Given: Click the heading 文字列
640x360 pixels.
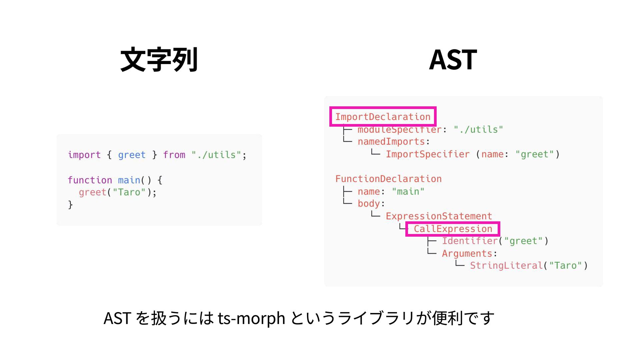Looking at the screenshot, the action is pyautogui.click(x=159, y=60).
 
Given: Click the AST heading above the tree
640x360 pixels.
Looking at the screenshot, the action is pyautogui.click(x=453, y=60).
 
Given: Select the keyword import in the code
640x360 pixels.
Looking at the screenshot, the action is pyautogui.click(x=84, y=155).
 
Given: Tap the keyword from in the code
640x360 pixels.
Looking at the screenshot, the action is pyautogui.click(x=174, y=155).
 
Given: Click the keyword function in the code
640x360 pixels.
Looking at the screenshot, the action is pyautogui.click(x=90, y=180).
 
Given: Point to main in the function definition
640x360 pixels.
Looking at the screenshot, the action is pyautogui.click(x=129, y=180).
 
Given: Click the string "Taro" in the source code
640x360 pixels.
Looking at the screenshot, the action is pyautogui.click(x=129, y=192).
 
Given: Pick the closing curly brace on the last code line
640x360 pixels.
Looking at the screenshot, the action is pyautogui.click(x=70, y=204).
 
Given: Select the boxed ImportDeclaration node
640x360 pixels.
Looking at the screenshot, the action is pyautogui.click(x=383, y=117).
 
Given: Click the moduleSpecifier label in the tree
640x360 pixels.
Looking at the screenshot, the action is pyautogui.click(x=399, y=129).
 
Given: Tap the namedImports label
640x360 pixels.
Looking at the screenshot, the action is pyautogui.click(x=391, y=142).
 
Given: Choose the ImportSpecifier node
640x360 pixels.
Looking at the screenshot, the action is pyautogui.click(x=428, y=154).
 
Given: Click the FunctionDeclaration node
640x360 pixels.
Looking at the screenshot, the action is pyautogui.click(x=388, y=179).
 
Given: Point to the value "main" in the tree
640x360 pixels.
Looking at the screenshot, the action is pyautogui.click(x=408, y=192).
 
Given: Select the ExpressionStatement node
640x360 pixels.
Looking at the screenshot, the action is pyautogui.click(x=439, y=216).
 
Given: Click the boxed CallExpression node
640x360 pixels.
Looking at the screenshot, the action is pyautogui.click(x=453, y=229).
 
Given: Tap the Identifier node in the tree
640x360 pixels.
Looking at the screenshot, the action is pyautogui.click(x=470, y=241).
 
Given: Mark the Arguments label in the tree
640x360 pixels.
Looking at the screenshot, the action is pyautogui.click(x=467, y=254).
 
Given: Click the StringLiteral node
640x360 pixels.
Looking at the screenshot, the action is pyautogui.click(x=506, y=266).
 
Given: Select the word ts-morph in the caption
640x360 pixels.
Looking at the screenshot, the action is pyautogui.click(x=251, y=318).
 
